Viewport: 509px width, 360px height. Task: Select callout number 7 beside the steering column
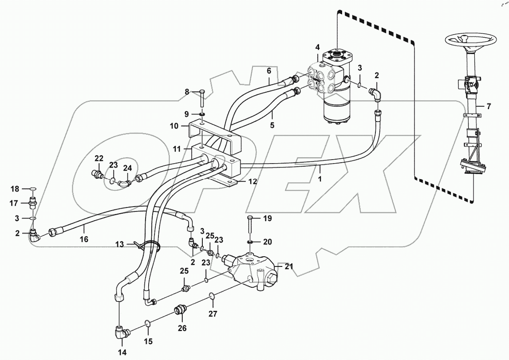(489, 106)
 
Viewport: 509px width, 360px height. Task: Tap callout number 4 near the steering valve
(317, 47)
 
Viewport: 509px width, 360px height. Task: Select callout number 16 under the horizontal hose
(84, 239)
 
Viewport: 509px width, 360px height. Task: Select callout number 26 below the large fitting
(182, 328)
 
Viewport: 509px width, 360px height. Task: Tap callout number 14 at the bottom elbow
(122, 352)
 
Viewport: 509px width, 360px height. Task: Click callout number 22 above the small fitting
(99, 159)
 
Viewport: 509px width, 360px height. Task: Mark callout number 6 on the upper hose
(268, 70)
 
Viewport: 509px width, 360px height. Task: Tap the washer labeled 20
(251, 242)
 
